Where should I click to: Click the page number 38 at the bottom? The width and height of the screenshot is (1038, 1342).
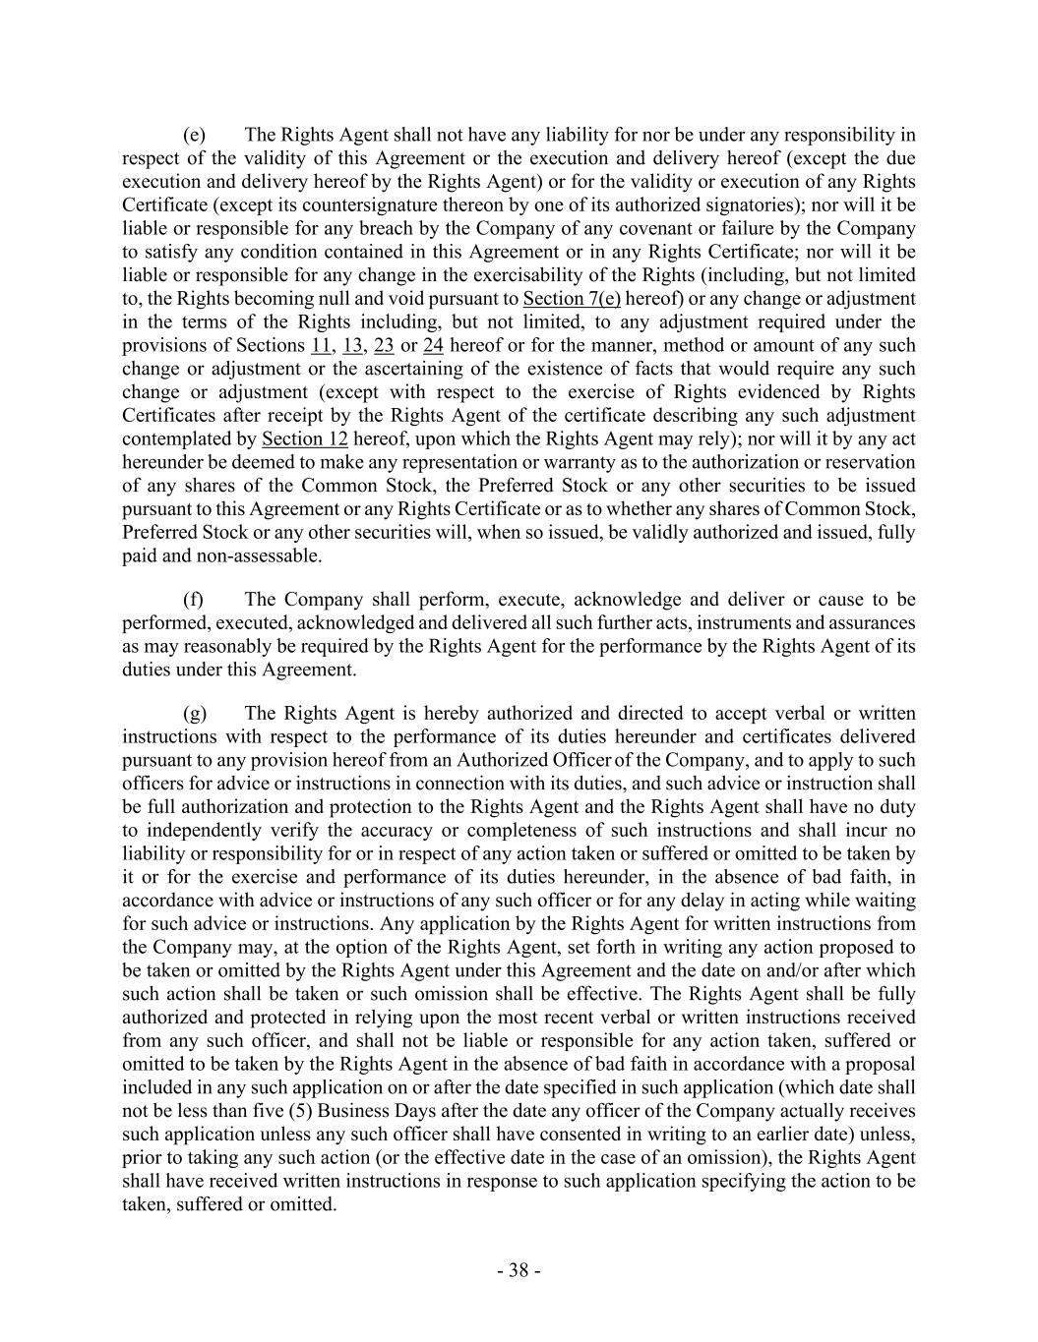(519, 1270)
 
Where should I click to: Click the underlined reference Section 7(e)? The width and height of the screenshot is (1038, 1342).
(572, 299)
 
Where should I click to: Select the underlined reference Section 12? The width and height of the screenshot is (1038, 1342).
(305, 438)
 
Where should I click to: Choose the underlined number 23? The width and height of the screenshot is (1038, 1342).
(384, 346)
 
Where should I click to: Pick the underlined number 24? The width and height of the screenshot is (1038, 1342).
(433, 346)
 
